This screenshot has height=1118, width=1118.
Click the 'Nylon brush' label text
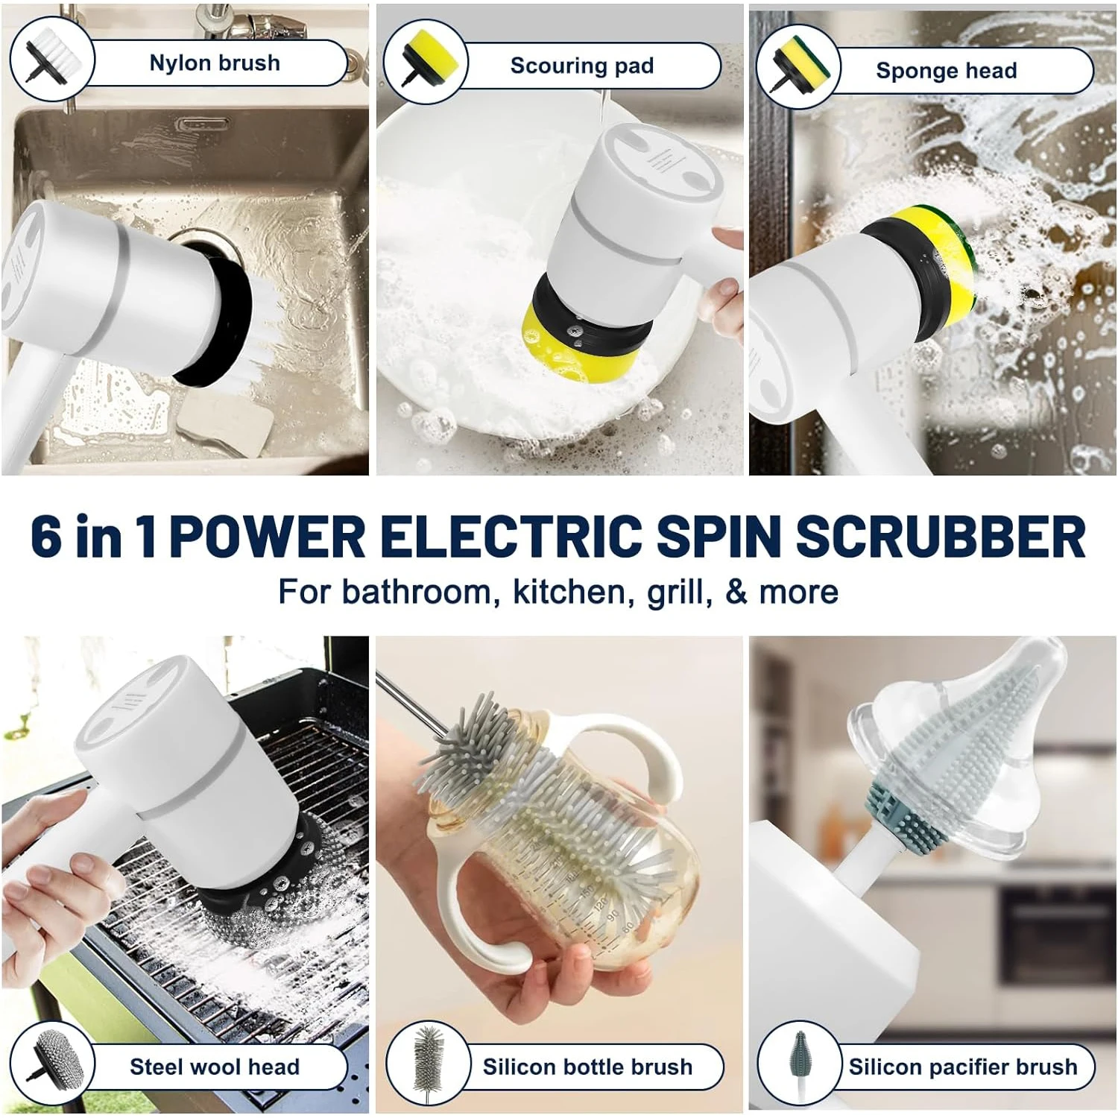point(215,63)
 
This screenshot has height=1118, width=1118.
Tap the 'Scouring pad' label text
point(582,66)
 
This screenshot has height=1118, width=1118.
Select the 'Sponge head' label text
point(947,71)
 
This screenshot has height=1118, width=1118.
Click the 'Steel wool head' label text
point(215,1067)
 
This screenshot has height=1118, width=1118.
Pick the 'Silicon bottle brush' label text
point(587,1067)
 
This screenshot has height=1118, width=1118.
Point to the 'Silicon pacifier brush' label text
point(963,1067)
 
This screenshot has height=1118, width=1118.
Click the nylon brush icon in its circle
point(51,58)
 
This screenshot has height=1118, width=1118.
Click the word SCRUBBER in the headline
point(941,536)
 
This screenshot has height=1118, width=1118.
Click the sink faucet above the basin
point(224,30)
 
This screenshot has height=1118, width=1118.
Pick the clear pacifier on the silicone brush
point(961,753)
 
